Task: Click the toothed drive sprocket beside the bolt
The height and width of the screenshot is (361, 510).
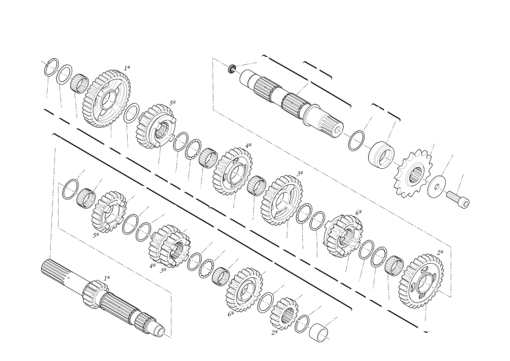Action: point(412,173)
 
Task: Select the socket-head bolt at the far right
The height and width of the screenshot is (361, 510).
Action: point(458,199)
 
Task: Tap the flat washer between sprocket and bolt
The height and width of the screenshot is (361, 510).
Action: point(437,186)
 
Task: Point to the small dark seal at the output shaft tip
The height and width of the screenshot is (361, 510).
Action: point(232,69)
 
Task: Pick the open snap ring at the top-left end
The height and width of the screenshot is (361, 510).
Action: point(52,68)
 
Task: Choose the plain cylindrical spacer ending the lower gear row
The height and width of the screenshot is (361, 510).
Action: point(319,332)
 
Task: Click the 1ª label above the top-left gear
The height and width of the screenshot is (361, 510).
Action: point(127,68)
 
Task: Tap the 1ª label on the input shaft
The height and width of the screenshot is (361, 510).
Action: point(106,278)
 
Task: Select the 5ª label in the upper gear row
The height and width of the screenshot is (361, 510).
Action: point(172,103)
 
